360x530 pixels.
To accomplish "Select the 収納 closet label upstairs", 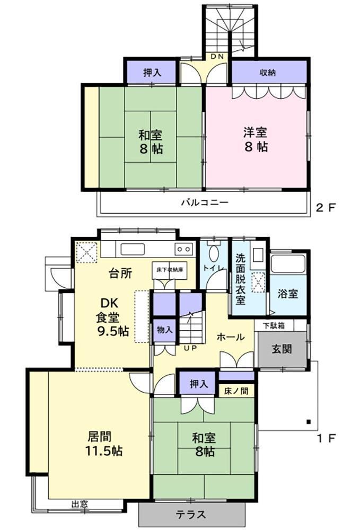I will (x=268, y=73).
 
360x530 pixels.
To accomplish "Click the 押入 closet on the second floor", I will (x=151, y=73).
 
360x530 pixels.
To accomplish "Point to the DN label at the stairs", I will (x=217, y=57).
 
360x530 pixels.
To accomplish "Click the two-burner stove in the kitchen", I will (x=184, y=249).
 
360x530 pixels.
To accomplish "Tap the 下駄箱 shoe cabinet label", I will (x=273, y=325).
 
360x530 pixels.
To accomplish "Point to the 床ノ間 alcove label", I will (x=237, y=391).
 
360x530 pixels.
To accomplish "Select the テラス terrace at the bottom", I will (x=191, y=515).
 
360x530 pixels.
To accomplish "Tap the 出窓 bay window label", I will (x=80, y=504).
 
